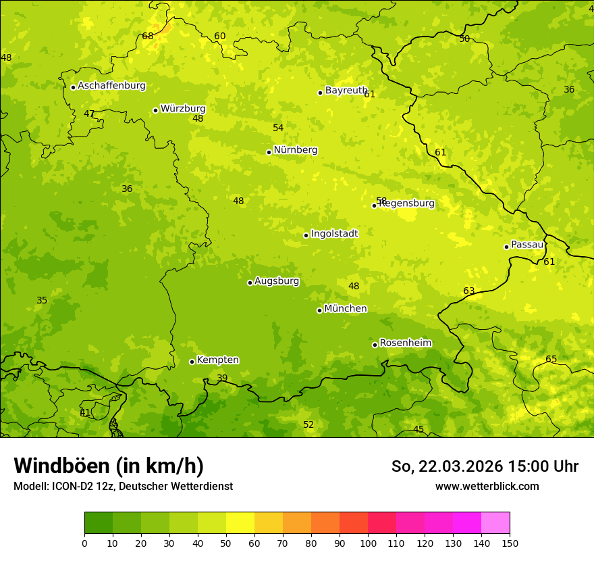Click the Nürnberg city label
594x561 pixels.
point(296,150)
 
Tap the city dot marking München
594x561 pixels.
point(319,310)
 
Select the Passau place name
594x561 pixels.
point(527,245)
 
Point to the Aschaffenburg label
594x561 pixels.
point(111,86)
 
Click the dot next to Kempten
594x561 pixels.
point(192,362)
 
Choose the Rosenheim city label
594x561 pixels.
point(405,343)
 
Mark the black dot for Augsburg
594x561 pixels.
point(250,283)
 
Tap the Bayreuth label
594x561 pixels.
point(346,91)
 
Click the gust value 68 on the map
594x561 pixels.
point(148,36)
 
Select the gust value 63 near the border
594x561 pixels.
point(468,291)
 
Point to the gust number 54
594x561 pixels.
point(278,128)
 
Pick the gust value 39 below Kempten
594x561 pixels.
point(222,378)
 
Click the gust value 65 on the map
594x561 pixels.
point(551,359)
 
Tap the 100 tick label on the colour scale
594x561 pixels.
point(368,543)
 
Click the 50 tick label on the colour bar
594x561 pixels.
point(226,543)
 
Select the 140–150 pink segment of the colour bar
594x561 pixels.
point(495,523)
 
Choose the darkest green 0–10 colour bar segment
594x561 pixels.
point(99,523)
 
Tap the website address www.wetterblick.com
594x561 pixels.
point(487,486)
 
